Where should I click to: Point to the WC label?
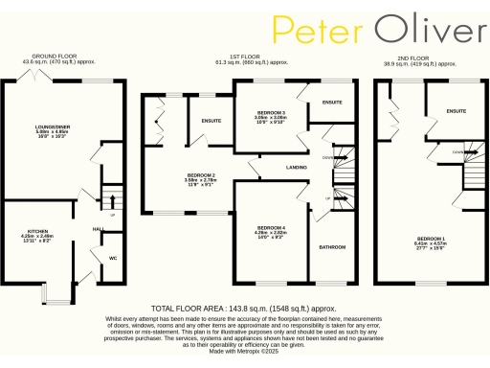112,258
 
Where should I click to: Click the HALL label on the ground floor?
98,229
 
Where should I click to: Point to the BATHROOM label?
331,246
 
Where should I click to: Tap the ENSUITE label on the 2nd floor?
456,111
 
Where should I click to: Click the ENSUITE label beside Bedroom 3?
332,102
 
